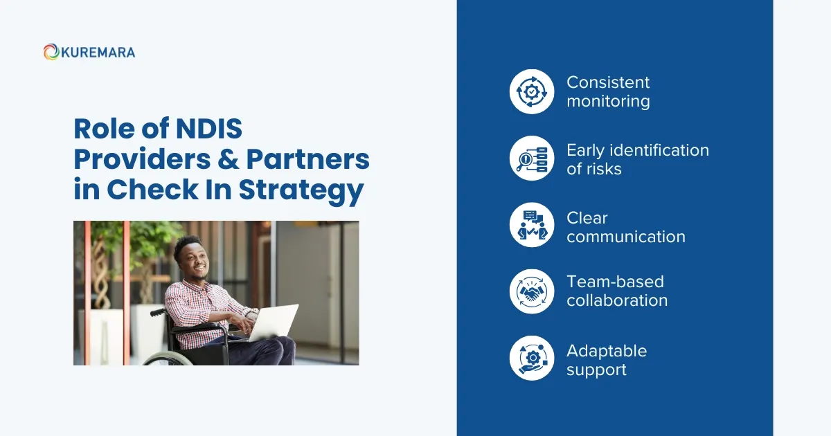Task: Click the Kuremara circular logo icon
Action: pyautogui.click(x=51, y=52)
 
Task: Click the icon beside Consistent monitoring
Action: pyautogui.click(x=532, y=91)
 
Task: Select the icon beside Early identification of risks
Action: pyautogui.click(x=532, y=158)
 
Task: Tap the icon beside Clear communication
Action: pyautogui.click(x=532, y=226)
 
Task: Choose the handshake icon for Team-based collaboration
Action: pyautogui.click(x=532, y=291)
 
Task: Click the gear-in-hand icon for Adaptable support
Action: pyautogui.click(x=532, y=358)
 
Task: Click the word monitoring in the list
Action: pyautogui.click(x=608, y=102)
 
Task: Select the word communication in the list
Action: pyautogui.click(x=626, y=237)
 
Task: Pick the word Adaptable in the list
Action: pyautogui.click(x=607, y=351)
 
